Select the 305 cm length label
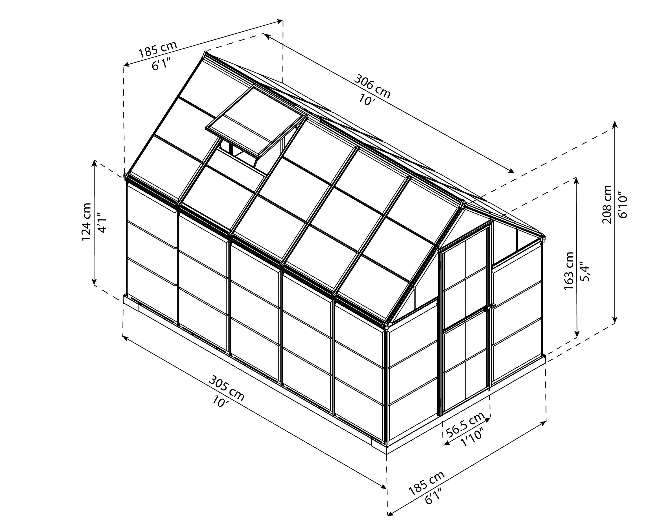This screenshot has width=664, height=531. (227, 389)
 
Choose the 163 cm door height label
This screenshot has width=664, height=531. (569, 271)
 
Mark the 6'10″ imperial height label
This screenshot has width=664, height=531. (622, 206)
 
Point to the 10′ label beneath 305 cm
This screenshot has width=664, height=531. (221, 401)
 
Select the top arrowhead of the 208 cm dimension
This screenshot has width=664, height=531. (615, 124)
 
